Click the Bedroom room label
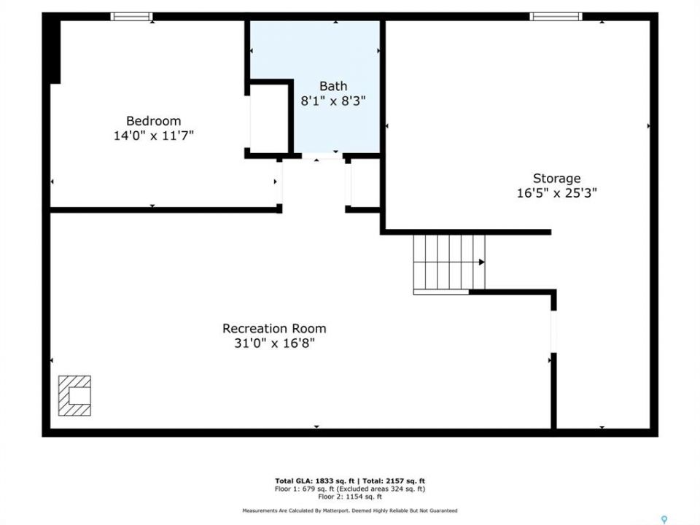point(154,121)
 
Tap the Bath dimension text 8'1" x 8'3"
point(333,101)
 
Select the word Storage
point(556,179)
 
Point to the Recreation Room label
point(274,329)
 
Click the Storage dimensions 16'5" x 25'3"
point(556,192)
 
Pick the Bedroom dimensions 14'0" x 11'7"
point(154,136)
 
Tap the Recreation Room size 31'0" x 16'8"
point(274,343)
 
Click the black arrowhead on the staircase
point(482,262)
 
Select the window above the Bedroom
point(131,17)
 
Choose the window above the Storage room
point(556,17)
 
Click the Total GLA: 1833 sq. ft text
point(314,481)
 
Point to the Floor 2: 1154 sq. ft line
point(350,497)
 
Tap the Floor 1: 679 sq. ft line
point(350,489)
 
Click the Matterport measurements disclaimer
point(350,510)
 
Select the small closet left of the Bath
point(269,118)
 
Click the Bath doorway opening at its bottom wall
point(322,156)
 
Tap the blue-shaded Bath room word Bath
point(333,86)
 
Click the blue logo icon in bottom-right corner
point(664,520)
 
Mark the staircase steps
point(449,262)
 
